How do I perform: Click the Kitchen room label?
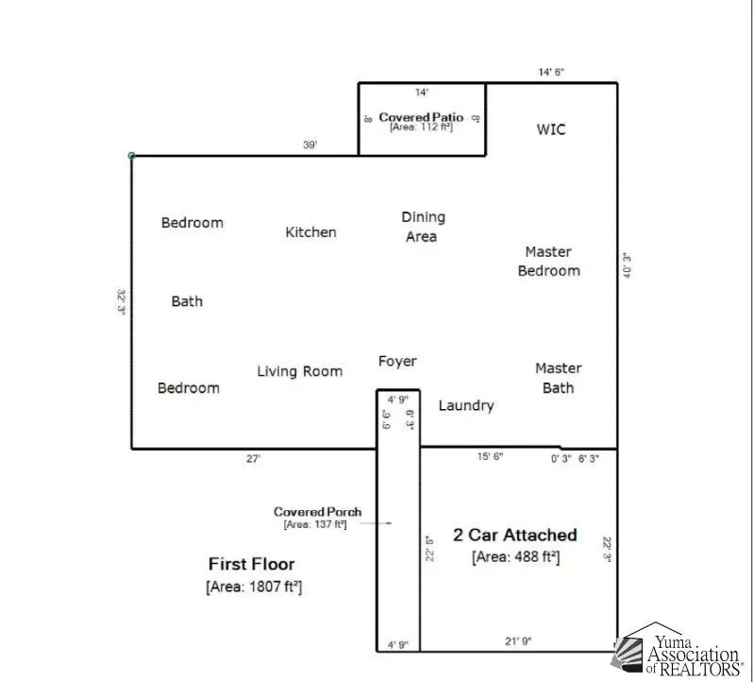[310, 231]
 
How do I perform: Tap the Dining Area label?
[422, 227]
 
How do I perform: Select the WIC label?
[551, 129]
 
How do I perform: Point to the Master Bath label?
[558, 377]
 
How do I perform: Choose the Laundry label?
[466, 405]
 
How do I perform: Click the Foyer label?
[397, 361]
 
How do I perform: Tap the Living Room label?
[299, 371]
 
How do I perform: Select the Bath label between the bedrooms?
[187, 301]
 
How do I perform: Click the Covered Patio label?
[421, 117]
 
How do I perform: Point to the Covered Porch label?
[317, 512]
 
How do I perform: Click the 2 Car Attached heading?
[515, 535]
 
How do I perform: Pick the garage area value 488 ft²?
[515, 556]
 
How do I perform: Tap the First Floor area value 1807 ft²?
[253, 587]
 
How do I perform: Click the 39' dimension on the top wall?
[310, 145]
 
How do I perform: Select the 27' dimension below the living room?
[253, 458]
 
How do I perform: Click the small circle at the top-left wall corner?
[131, 156]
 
